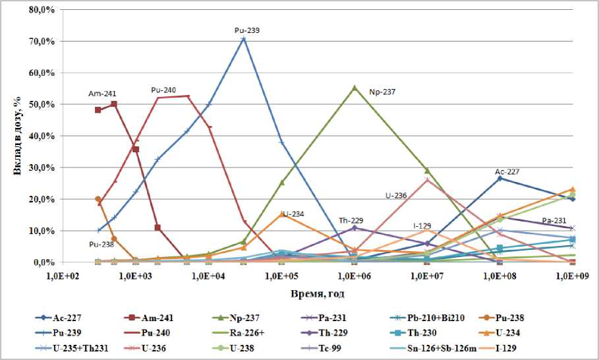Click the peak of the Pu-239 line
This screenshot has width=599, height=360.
244,39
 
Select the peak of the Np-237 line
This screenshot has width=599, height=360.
355,87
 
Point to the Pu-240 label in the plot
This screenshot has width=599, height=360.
163,90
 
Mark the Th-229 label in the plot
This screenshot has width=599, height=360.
351,220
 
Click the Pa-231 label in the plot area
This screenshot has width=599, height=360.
555,220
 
